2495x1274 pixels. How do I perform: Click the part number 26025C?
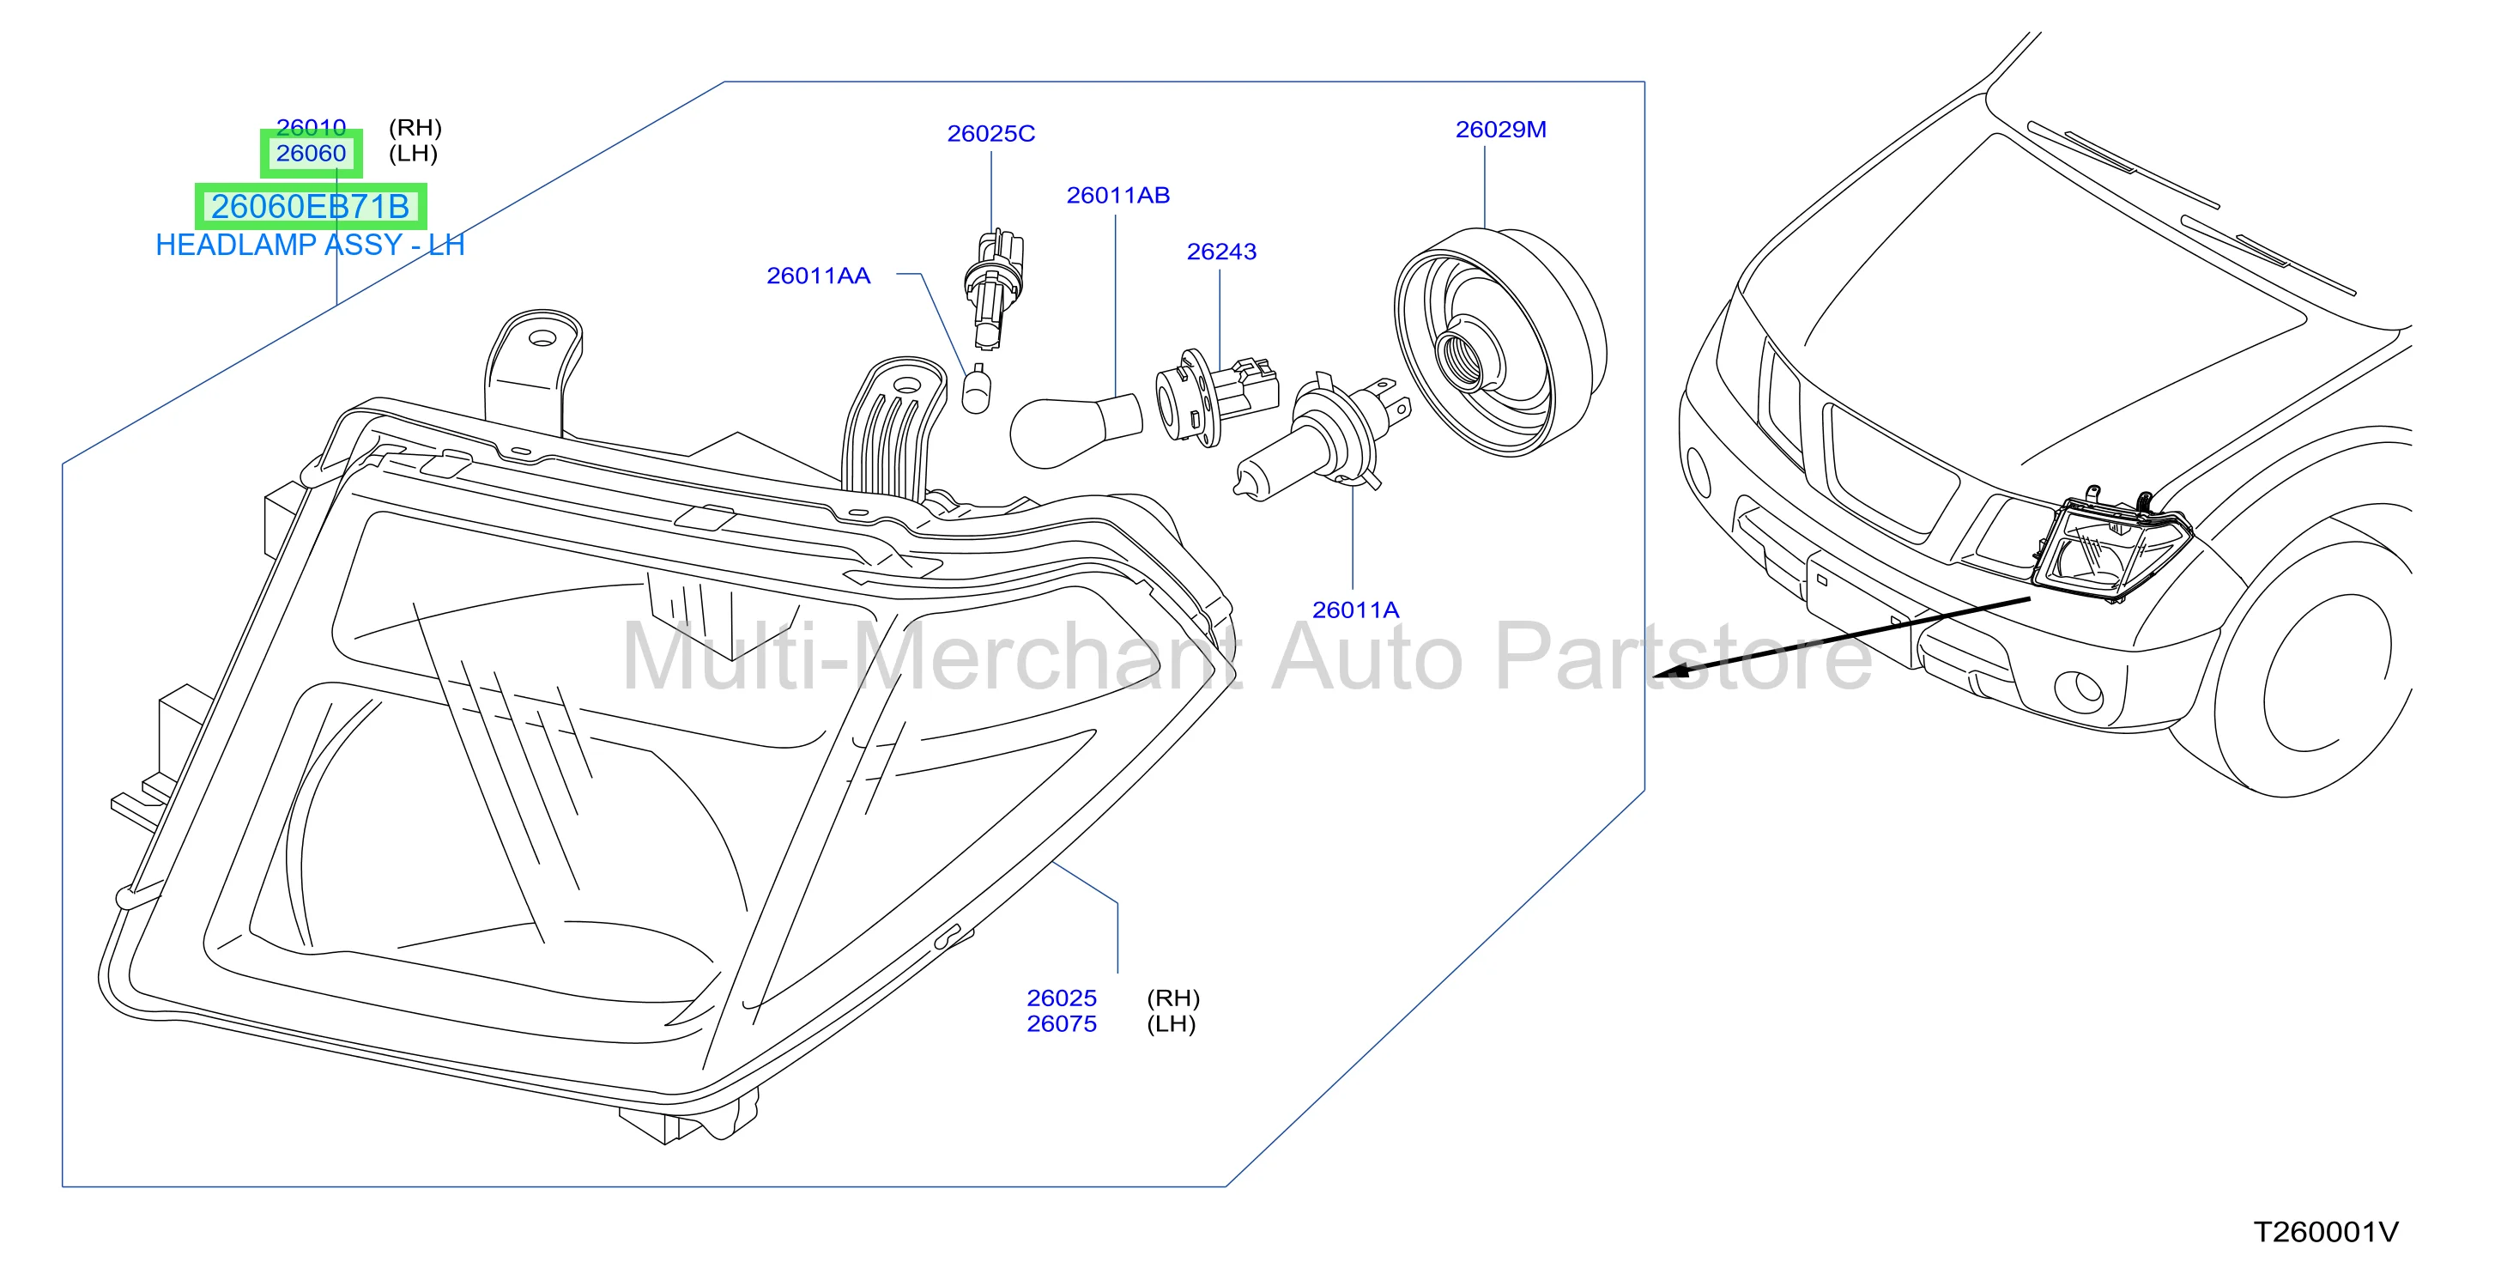click(990, 134)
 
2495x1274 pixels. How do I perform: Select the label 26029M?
click(1500, 130)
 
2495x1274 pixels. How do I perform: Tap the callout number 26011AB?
click(1117, 196)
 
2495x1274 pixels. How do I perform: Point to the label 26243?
click(1221, 252)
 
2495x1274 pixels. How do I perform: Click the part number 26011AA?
click(819, 276)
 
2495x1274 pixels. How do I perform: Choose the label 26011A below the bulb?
click(1355, 610)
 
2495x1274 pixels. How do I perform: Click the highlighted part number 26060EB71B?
click(310, 206)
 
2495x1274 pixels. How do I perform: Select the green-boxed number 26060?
click(311, 153)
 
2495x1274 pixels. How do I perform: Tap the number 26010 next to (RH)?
click(311, 127)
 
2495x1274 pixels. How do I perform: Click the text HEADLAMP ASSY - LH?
click(310, 246)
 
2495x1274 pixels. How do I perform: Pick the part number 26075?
click(1062, 1024)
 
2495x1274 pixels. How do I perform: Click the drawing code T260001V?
click(2326, 1232)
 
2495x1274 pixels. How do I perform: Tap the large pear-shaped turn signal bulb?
click(1075, 431)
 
